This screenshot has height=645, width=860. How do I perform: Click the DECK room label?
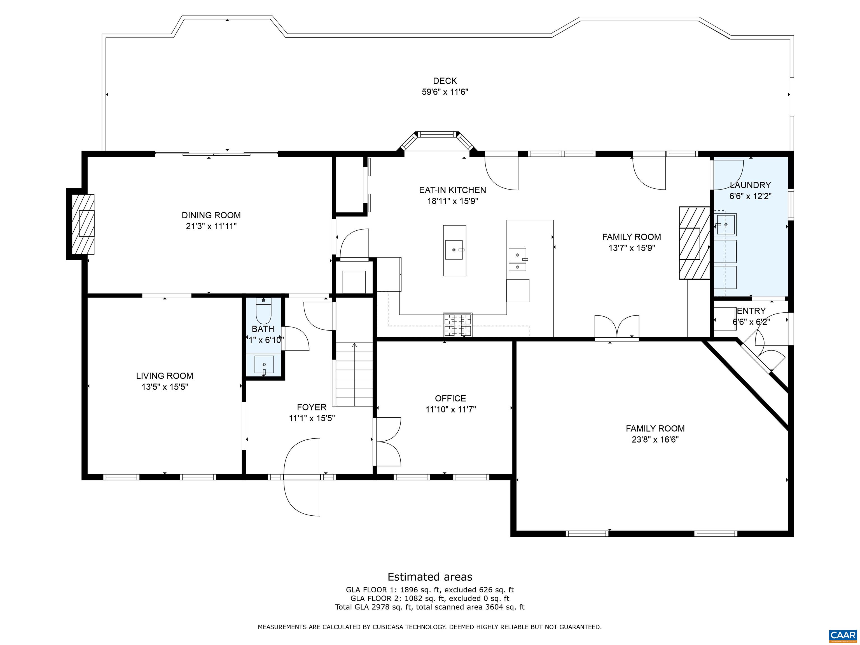445,81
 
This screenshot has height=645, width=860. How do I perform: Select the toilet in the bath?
263,311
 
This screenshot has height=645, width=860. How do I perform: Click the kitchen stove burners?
458,325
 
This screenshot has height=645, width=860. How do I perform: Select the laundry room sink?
725,225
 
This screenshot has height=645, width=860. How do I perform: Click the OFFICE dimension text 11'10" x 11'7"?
451,409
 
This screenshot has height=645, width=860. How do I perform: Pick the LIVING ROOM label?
164,376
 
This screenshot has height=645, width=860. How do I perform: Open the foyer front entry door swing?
302,477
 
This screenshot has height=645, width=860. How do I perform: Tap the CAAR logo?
843,635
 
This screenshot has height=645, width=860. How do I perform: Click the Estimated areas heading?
430,577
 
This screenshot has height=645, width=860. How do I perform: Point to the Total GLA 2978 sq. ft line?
430,607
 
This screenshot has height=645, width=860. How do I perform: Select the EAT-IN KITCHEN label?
452,190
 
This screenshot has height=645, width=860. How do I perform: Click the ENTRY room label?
751,311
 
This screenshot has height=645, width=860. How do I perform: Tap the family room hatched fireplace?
694,243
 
